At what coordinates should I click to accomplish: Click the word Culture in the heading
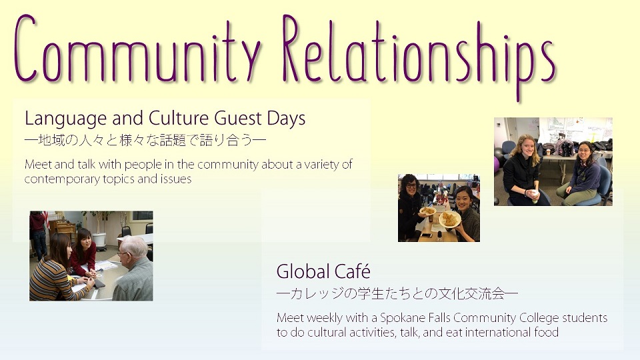[179, 119]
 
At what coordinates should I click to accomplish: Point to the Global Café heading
[323, 271]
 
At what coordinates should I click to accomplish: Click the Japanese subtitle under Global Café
[397, 294]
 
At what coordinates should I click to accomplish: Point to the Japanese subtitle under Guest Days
[145, 141]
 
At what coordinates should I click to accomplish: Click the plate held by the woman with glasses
[427, 211]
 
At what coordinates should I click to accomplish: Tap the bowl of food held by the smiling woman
[450, 219]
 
